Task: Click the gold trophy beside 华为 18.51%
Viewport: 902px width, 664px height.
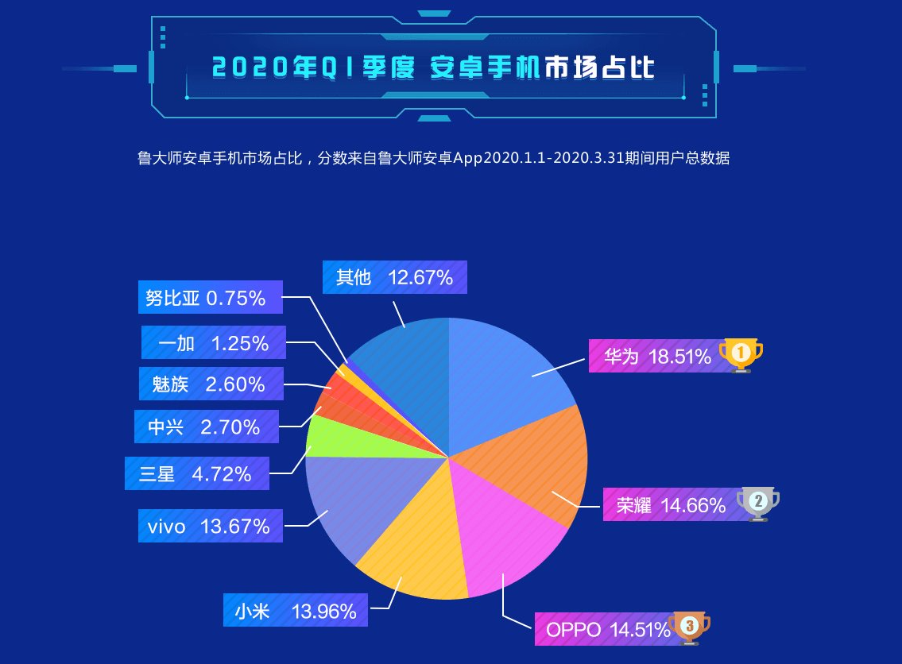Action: coord(741,354)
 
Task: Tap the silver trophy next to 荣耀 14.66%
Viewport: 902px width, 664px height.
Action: coord(757,503)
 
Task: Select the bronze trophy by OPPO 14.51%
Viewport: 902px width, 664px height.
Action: coord(689,627)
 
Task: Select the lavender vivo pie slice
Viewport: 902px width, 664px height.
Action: coord(358,500)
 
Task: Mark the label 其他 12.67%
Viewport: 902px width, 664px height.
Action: coord(394,278)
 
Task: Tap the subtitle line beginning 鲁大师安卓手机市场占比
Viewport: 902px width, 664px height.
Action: coord(434,158)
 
